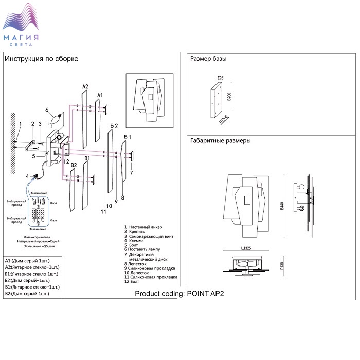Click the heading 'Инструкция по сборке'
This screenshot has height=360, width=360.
[41, 59]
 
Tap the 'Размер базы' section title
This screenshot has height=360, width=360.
[208, 59]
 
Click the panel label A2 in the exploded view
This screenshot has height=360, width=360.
[85, 86]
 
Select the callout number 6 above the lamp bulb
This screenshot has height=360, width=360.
[46, 110]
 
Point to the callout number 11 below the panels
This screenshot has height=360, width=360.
[103, 211]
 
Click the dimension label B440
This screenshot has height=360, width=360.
[281, 206]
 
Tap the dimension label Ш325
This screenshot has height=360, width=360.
[245, 249]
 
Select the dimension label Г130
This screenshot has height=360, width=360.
[281, 267]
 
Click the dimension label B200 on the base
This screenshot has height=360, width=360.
[229, 97]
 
